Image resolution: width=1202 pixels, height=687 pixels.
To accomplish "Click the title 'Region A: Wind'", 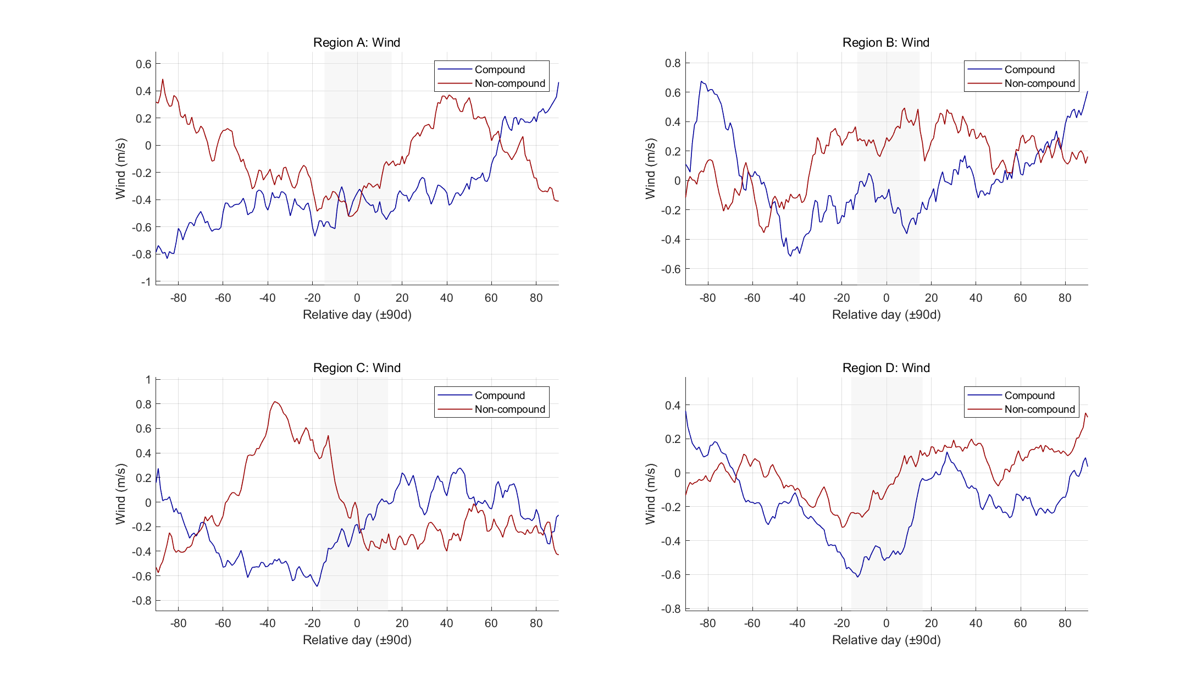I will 356,42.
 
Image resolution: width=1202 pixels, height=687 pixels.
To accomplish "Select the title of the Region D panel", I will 885,368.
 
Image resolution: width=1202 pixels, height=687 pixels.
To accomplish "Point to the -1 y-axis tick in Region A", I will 146,282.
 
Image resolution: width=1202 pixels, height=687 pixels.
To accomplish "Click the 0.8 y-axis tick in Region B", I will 672,63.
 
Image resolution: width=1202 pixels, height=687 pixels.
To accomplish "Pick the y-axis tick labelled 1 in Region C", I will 148,380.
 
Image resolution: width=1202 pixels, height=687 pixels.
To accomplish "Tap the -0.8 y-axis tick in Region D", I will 671,609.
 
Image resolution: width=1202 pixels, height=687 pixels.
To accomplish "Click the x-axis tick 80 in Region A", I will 536,298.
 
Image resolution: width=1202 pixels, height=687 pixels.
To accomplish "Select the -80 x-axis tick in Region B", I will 707,298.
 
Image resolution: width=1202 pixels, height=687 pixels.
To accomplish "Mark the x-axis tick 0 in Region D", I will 886,623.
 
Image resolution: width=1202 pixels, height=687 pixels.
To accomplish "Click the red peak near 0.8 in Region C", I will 275,402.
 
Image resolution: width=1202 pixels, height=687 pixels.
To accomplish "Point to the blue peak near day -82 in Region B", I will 702,81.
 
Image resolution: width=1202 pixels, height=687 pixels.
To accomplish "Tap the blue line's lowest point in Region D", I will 857,577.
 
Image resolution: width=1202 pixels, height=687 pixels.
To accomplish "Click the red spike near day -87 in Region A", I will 163,79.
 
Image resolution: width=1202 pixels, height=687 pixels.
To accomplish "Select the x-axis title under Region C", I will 357,640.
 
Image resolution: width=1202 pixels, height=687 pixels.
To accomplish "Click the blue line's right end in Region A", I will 558,82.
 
